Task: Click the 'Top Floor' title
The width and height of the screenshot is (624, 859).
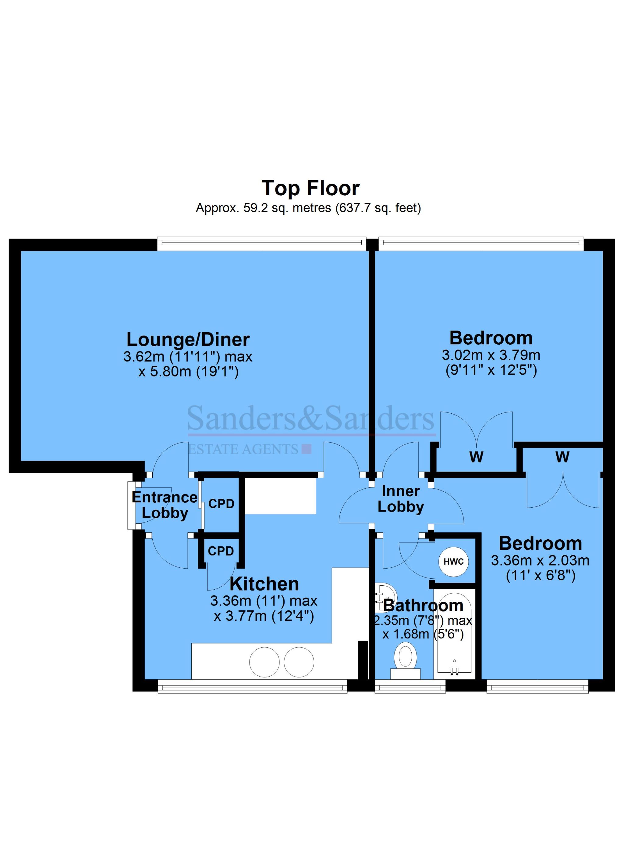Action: coord(310,188)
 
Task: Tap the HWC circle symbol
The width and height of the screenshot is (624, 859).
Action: coord(453,562)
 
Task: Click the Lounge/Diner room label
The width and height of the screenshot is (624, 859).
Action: coord(188,339)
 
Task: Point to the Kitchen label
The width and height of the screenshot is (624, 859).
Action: coord(264,584)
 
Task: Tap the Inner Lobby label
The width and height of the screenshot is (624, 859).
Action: coord(401,499)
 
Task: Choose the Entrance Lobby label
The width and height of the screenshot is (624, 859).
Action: coord(165,505)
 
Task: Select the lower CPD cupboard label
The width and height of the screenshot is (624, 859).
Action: coord(221,551)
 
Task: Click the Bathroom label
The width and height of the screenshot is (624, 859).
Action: coord(423,606)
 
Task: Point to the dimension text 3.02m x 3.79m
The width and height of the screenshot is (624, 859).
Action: coord(491,355)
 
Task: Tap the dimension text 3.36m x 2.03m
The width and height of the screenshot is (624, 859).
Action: coord(540,561)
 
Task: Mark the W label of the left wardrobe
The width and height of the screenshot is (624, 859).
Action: coord(476,457)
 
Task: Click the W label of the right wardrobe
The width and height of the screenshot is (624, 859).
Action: coord(562,457)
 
